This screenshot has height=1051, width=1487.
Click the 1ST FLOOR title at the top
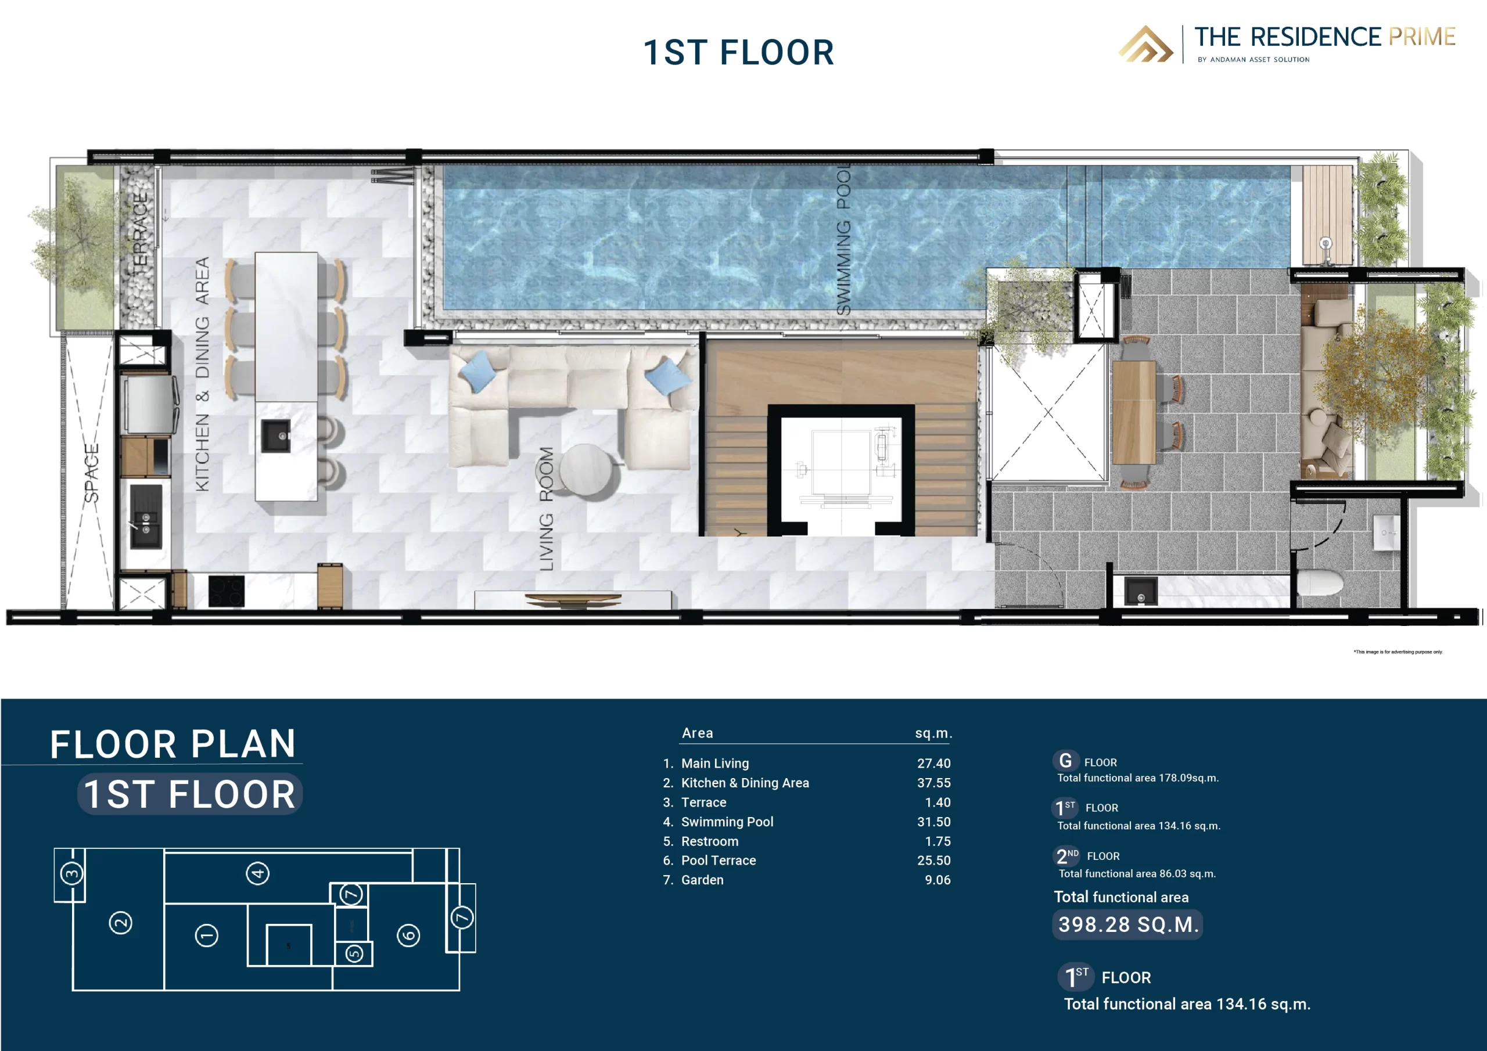pyautogui.click(x=738, y=52)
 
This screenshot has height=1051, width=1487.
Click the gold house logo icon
pyautogui.click(x=1145, y=44)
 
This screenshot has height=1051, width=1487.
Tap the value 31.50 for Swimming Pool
pyautogui.click(x=933, y=822)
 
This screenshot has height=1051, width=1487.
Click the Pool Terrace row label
pyautogui.click(x=719, y=861)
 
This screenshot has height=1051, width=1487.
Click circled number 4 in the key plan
pyautogui.click(x=258, y=873)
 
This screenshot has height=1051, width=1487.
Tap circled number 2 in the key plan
pyautogui.click(x=120, y=923)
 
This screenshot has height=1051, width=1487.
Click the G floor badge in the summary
pyautogui.click(x=1065, y=761)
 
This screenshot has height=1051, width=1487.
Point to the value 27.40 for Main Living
pyautogui.click(x=933, y=764)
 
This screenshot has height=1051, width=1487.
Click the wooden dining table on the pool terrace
pyautogui.click(x=1133, y=412)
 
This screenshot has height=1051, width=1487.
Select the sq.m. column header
pyautogui.click(x=933, y=733)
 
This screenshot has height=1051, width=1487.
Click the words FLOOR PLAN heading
pyautogui.click(x=173, y=744)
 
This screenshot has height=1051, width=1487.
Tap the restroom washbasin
pyautogui.click(x=1385, y=533)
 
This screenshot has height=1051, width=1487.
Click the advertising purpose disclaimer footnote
pyautogui.click(x=1398, y=652)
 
